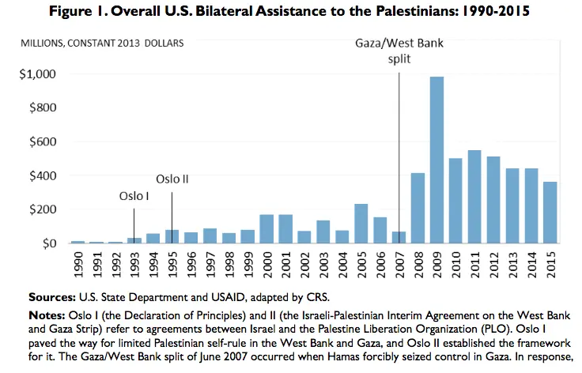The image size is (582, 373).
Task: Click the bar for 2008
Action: point(418,209)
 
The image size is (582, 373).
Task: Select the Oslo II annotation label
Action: point(172,179)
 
